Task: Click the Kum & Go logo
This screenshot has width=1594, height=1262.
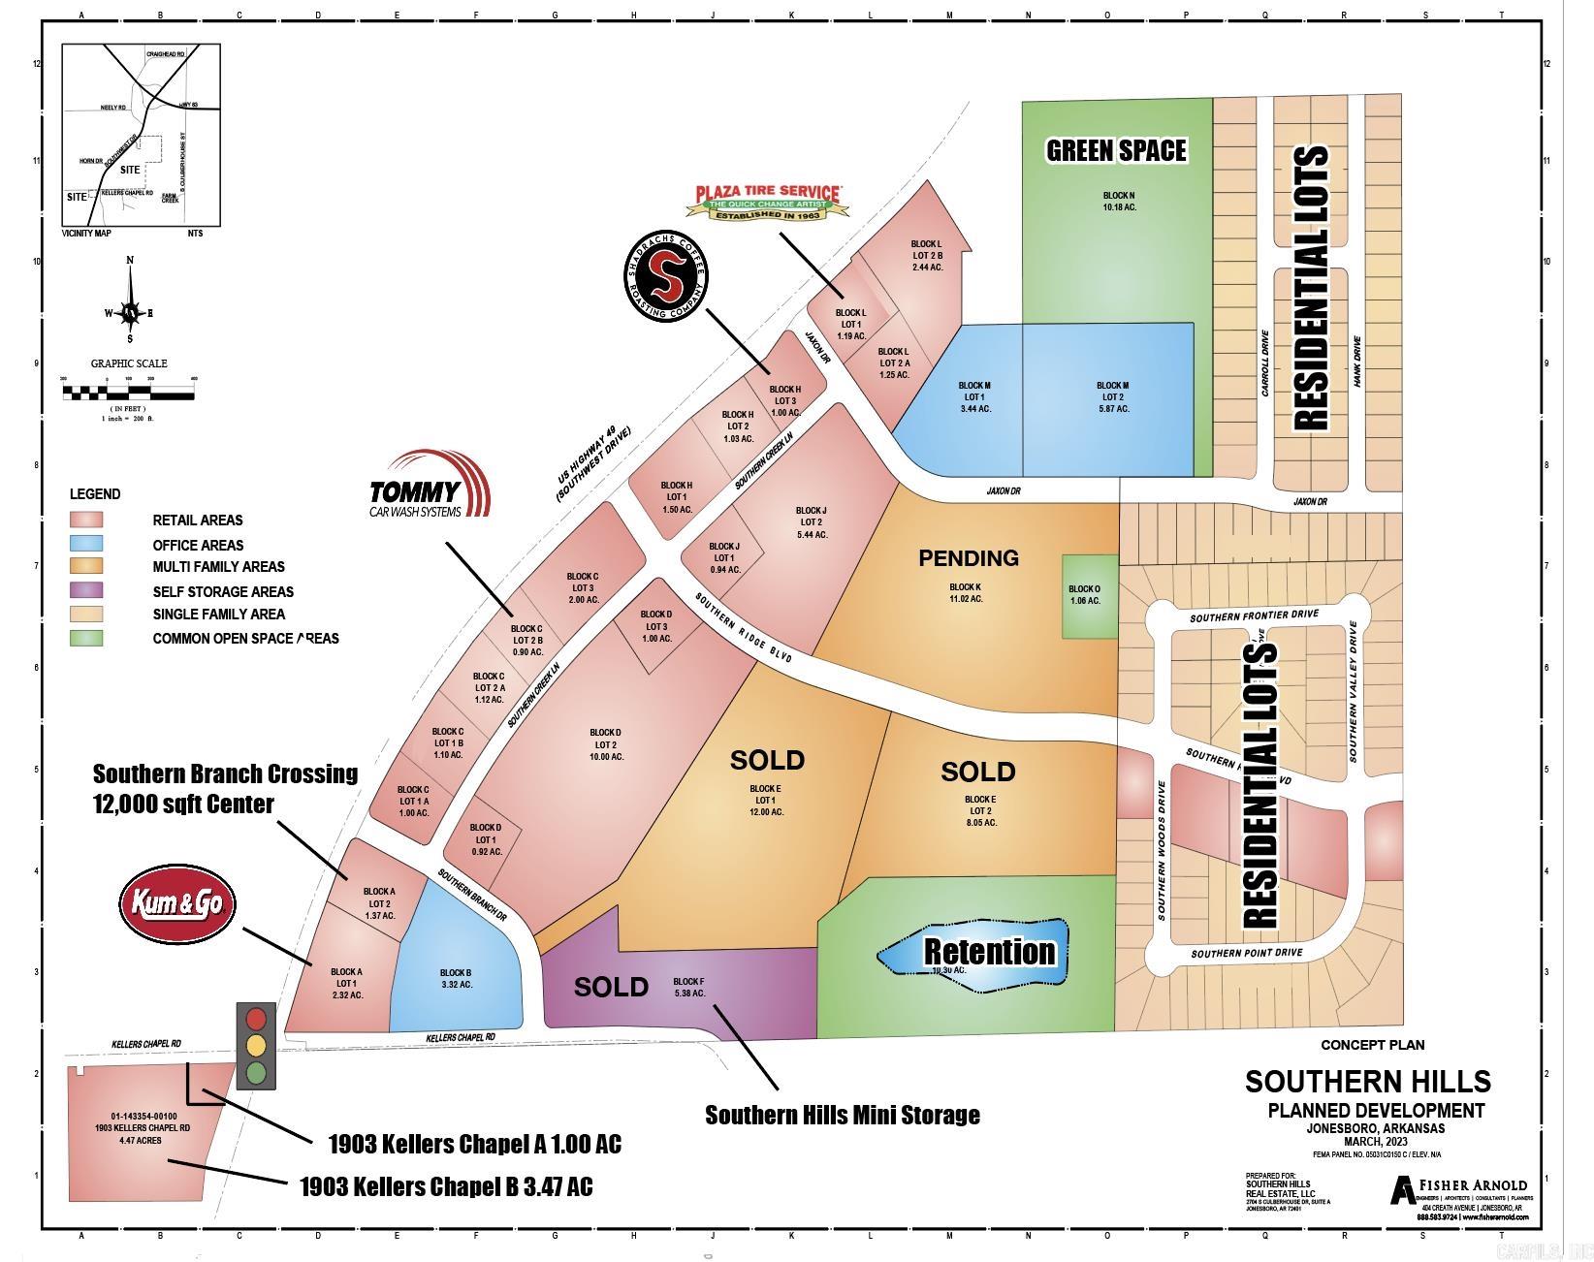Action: tap(177, 904)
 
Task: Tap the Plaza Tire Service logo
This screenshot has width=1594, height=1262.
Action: tap(768, 202)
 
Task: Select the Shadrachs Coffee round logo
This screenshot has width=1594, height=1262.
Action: tap(665, 278)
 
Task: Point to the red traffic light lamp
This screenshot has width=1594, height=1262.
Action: tap(257, 1019)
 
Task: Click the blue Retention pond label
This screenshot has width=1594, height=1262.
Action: tap(987, 952)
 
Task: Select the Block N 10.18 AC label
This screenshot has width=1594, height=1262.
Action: tap(1118, 202)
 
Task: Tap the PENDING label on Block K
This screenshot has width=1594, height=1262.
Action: tap(968, 558)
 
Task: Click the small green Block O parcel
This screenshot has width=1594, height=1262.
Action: tap(1084, 595)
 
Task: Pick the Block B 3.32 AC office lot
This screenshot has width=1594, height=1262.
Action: tap(456, 979)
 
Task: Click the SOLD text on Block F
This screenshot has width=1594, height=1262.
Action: tap(611, 987)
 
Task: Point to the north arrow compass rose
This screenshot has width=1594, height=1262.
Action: tap(130, 312)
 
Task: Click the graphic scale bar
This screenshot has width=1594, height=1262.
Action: tap(128, 392)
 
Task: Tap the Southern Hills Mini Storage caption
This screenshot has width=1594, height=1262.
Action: tap(842, 1115)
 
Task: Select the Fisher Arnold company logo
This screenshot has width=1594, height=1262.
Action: tap(1458, 1188)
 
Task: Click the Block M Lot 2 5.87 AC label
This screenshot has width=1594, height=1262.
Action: tap(1112, 397)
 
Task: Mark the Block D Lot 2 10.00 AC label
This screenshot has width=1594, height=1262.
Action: tap(606, 744)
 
